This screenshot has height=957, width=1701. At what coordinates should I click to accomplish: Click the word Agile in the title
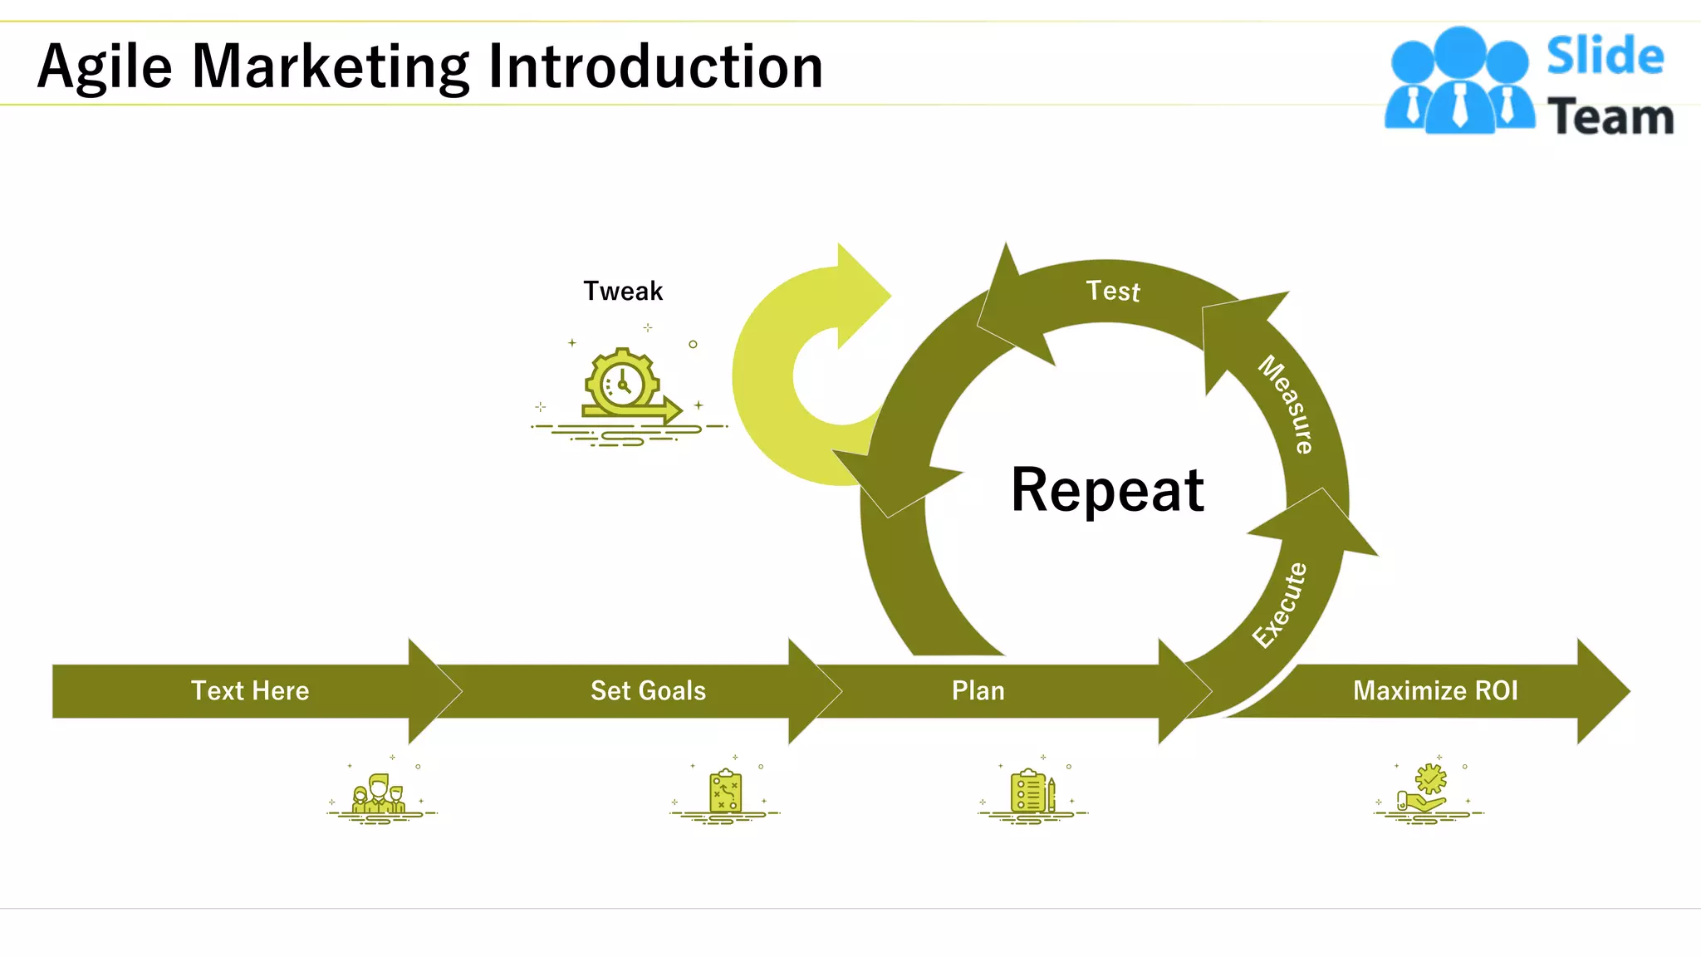(105, 66)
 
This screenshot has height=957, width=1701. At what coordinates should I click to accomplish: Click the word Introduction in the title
(656, 66)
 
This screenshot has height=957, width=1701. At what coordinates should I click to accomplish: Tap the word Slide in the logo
(1605, 56)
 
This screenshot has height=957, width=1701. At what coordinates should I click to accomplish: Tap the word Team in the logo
(1610, 116)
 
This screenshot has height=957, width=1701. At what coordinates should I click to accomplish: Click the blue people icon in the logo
(1459, 81)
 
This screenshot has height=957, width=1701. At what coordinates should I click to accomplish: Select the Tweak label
(623, 292)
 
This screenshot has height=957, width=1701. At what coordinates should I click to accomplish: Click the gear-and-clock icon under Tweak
(625, 386)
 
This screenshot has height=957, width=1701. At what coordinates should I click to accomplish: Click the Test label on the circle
(1113, 291)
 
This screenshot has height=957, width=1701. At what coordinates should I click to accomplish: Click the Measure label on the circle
(1286, 405)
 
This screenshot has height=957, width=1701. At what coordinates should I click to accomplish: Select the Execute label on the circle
(1280, 605)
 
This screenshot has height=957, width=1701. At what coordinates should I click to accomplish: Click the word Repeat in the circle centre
(1107, 490)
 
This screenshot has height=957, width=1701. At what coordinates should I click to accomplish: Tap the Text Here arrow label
(250, 691)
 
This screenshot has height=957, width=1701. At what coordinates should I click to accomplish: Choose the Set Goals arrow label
(648, 691)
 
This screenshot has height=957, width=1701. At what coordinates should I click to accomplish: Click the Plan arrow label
(978, 691)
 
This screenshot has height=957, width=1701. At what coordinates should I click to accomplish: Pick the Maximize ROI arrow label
(1435, 691)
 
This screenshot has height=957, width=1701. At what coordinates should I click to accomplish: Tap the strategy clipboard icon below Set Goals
(725, 792)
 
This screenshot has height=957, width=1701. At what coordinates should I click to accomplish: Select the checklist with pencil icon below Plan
(1032, 792)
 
